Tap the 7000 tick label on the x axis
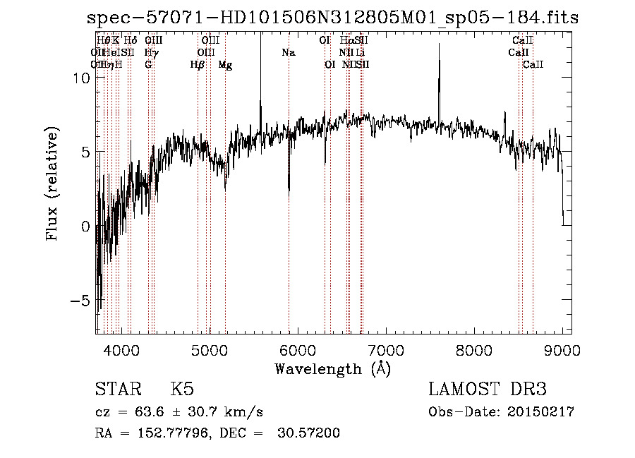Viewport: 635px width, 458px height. tap(386, 349)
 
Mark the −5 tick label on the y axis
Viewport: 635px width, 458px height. tap(81, 301)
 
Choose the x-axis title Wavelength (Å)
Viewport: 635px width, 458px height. tap(332, 368)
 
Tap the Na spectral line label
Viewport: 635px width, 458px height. tap(288, 52)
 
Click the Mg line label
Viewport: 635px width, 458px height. tap(225, 65)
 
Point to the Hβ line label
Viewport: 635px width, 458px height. tap(198, 65)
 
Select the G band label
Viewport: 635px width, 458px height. tap(148, 65)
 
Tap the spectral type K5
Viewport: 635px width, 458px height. tap(181, 390)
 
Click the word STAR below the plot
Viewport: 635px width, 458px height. tap(117, 390)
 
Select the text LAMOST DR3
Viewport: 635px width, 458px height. tap(488, 390)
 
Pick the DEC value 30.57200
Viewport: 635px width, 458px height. tap(310, 433)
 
